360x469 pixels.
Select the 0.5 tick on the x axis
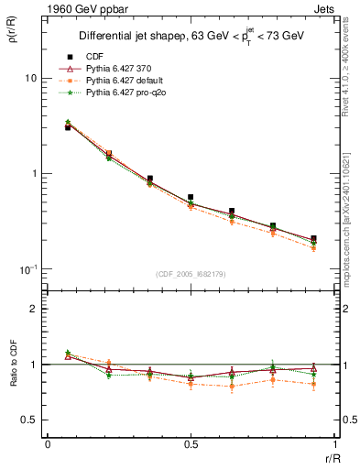191,444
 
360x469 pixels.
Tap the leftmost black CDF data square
68,127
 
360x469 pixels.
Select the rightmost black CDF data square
313,238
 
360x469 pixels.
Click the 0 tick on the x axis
48,444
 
